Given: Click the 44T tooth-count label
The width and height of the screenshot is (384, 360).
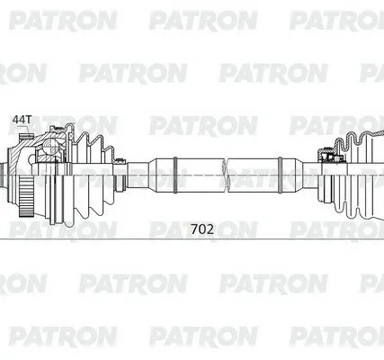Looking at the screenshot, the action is pos(22,120).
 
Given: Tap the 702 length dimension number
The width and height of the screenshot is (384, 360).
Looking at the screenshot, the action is pos(202,229).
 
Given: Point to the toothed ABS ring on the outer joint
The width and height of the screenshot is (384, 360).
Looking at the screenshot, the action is pos(24,196).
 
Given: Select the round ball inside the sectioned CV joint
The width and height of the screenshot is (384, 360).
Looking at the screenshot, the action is pos(50,146).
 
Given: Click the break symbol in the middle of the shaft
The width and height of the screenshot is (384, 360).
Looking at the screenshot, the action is pos(226,175).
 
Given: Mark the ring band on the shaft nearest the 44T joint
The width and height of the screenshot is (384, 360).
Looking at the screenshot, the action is pos(175,175).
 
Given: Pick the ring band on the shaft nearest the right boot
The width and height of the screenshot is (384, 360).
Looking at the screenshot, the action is pos(280,175).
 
